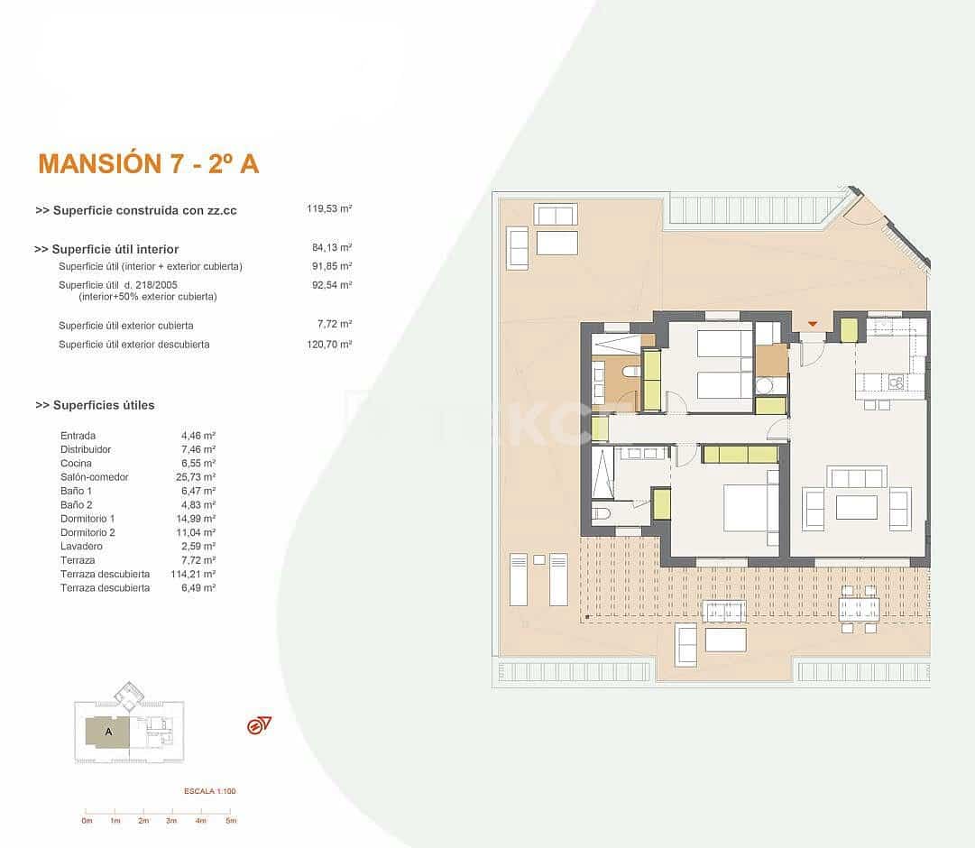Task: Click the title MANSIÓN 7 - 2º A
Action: (149, 163)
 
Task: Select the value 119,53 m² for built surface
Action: (329, 208)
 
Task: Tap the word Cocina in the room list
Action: (76, 463)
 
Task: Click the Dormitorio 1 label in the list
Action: (87, 519)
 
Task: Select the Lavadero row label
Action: (81, 546)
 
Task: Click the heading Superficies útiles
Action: (95, 405)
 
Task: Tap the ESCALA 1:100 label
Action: (209, 791)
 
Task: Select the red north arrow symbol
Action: (259, 725)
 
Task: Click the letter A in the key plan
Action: (108, 732)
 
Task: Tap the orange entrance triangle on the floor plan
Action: (813, 324)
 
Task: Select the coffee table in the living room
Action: (856, 507)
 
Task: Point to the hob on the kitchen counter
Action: (896, 383)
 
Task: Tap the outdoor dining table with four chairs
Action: (859, 609)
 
